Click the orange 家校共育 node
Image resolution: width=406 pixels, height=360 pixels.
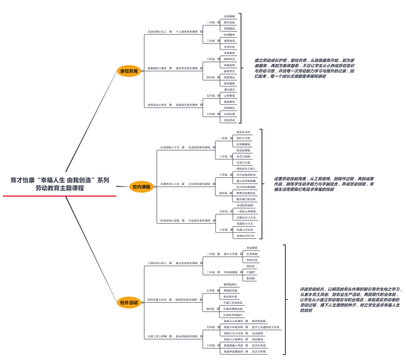point(129,71)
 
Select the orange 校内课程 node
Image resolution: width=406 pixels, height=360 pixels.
point(141,187)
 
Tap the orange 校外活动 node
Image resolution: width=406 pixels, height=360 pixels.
point(129,302)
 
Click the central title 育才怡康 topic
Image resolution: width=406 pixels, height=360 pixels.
point(60,184)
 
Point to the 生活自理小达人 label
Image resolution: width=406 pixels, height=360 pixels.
point(157,32)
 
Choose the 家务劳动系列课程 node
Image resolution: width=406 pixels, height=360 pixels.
point(187,68)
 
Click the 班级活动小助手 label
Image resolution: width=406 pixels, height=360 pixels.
point(157,105)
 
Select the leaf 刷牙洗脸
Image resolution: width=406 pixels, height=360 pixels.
point(229,22)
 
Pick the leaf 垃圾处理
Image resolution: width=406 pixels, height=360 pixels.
point(229,114)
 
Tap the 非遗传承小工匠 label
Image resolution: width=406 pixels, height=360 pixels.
point(170,184)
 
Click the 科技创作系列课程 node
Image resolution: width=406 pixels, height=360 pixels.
point(199,221)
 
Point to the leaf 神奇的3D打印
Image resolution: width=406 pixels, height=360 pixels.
point(246,236)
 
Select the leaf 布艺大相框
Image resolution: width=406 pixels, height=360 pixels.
point(243,157)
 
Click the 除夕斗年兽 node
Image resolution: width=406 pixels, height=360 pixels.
point(231,254)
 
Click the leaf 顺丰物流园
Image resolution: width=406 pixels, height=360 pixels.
point(259,321)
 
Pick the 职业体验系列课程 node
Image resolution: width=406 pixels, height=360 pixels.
point(187,336)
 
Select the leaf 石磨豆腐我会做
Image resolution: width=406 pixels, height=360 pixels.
point(233,309)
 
